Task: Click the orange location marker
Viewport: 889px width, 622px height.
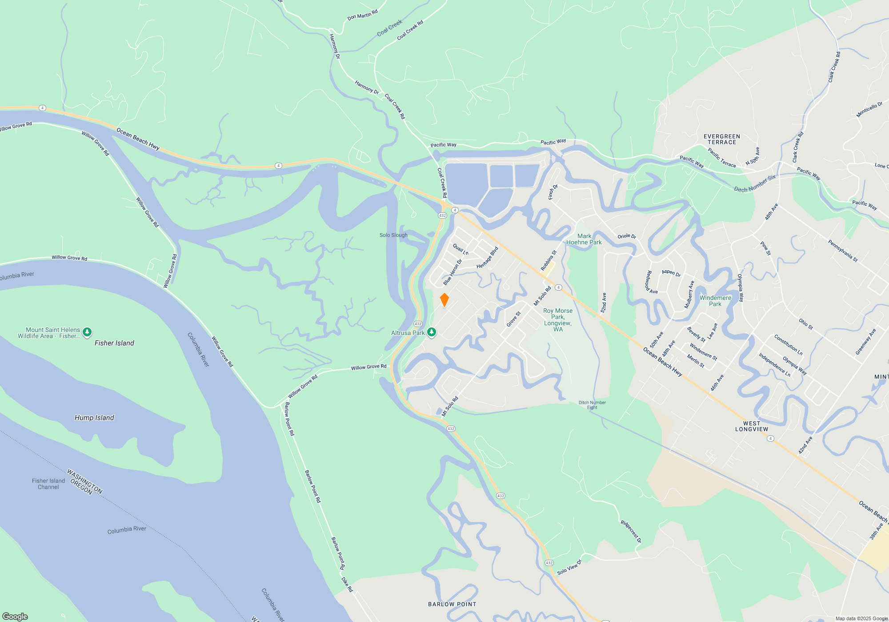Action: pyautogui.click(x=444, y=300)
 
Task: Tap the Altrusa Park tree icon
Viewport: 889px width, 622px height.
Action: pyautogui.click(x=431, y=332)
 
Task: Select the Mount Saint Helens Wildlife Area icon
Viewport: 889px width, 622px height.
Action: pyautogui.click(x=87, y=332)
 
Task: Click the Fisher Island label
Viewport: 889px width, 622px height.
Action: pyautogui.click(x=114, y=343)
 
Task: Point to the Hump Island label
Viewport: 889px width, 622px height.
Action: pyautogui.click(x=94, y=418)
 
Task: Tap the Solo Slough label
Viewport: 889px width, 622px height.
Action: pyautogui.click(x=393, y=235)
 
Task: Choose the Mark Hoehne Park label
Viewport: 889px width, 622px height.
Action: pyautogui.click(x=584, y=239)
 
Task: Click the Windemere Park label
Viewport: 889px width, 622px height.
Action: pyautogui.click(x=715, y=301)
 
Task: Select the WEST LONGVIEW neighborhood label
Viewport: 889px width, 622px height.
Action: pyautogui.click(x=752, y=427)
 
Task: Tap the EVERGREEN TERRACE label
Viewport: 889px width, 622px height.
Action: pyautogui.click(x=722, y=140)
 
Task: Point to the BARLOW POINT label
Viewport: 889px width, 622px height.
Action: pyautogui.click(x=452, y=604)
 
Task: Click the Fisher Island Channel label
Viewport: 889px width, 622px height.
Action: pyautogui.click(x=48, y=484)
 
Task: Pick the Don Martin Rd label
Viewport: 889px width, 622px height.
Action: pyautogui.click(x=362, y=15)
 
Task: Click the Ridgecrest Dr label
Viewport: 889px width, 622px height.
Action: pyautogui.click(x=631, y=532)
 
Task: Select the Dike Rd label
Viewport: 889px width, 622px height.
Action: pyautogui.click(x=347, y=584)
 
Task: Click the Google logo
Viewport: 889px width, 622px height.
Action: pyautogui.click(x=15, y=617)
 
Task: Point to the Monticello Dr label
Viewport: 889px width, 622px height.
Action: pyautogui.click(x=869, y=110)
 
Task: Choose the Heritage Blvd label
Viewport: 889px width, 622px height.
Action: pyautogui.click(x=488, y=258)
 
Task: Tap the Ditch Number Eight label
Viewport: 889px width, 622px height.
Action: pyautogui.click(x=592, y=405)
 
